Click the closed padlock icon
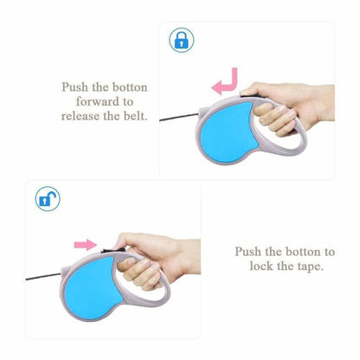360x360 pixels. click(182, 40)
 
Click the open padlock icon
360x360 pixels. click(48, 199)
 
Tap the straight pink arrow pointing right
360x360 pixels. click(86, 245)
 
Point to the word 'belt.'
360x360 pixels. click(136, 116)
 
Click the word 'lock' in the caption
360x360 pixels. click(261, 266)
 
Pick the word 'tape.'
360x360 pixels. click(311, 266)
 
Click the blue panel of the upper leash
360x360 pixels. click(226, 133)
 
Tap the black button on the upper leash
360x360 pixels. click(252, 95)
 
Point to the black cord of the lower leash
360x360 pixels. click(43, 277)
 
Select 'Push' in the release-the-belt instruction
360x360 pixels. click(75, 87)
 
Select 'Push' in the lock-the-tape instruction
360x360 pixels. click(248, 252)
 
